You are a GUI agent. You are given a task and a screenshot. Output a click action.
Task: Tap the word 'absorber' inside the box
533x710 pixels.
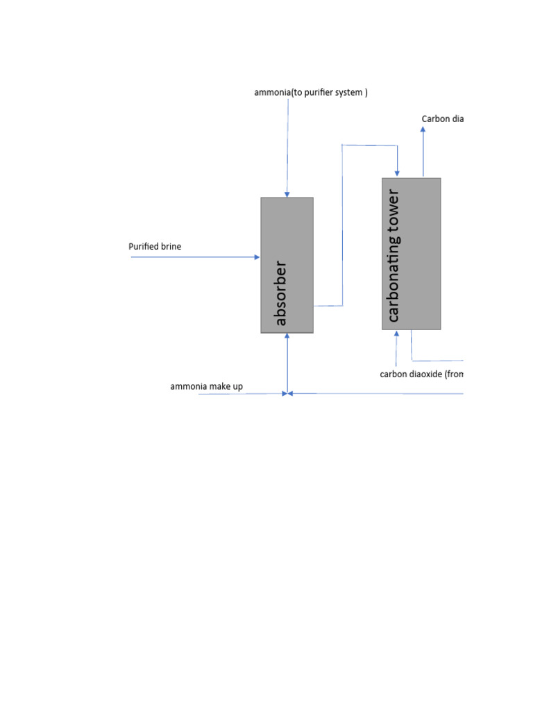click(x=280, y=293)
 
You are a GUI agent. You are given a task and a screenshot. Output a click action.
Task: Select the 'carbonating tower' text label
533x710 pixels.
click(x=394, y=255)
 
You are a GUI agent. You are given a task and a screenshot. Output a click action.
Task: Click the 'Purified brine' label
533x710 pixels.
click(x=155, y=246)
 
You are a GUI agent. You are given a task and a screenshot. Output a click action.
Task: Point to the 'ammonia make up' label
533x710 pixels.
click(x=206, y=386)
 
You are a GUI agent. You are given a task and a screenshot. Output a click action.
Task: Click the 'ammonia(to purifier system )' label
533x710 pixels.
click(x=311, y=92)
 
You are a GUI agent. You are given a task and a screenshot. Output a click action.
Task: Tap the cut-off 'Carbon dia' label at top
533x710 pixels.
click(x=442, y=119)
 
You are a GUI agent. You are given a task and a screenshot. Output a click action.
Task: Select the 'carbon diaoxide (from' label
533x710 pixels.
click(x=421, y=374)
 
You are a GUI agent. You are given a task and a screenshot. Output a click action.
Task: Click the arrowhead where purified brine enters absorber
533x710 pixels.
click(x=257, y=257)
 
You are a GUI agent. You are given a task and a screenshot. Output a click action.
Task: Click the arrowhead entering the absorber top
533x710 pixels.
click(x=287, y=194)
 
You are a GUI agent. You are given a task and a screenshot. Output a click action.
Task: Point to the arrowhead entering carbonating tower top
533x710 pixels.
click(x=397, y=174)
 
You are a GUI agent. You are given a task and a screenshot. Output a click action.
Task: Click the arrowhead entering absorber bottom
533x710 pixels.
click(x=287, y=337)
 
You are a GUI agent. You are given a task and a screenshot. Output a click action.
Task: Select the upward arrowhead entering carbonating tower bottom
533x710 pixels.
click(x=397, y=334)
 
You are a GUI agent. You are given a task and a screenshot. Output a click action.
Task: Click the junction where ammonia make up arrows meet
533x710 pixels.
click(x=287, y=394)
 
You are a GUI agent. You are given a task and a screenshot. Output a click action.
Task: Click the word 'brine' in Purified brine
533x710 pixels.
click(x=170, y=246)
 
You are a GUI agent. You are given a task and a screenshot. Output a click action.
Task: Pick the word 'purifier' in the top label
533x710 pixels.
click(x=320, y=92)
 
